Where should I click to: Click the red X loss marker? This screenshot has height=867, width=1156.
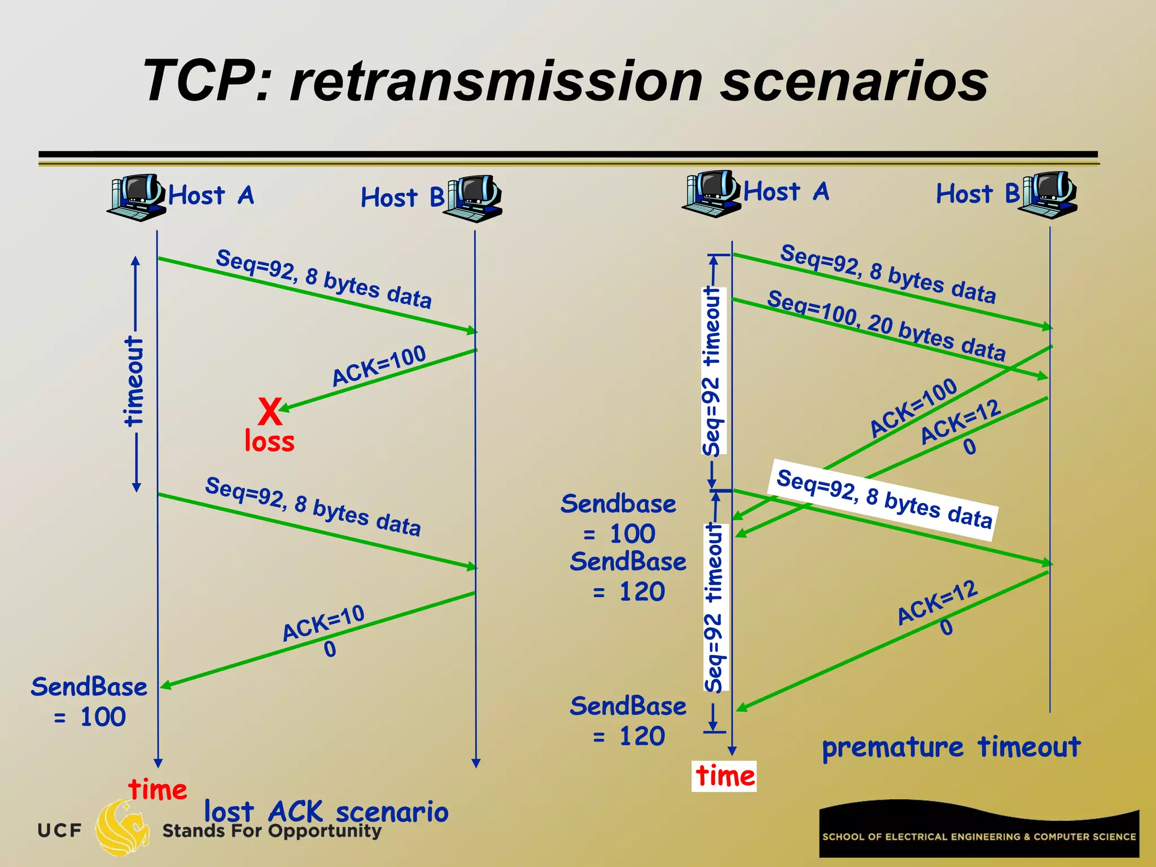(270, 411)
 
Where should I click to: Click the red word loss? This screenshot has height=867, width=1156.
(269, 441)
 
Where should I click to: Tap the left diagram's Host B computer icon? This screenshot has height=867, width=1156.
(474, 198)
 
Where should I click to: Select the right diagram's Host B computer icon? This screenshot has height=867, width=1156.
(1049, 195)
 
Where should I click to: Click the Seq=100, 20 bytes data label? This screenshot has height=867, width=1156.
(886, 326)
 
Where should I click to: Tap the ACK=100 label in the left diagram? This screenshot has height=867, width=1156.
(379, 365)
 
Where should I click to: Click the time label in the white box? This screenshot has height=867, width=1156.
(724, 776)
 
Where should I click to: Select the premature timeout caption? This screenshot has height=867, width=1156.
(951, 747)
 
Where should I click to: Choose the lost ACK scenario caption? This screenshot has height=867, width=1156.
(326, 812)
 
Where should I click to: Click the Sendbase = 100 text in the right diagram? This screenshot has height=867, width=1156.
(619, 518)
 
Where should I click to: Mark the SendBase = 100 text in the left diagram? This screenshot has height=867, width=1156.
(89, 702)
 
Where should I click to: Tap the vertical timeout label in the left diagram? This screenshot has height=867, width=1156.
(134, 381)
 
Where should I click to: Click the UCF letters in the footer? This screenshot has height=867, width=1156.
(59, 830)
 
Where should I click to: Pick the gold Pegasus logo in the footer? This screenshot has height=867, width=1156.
(121, 827)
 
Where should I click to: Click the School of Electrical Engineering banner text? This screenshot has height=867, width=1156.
(979, 837)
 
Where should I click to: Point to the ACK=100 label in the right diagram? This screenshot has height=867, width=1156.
(913, 407)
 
